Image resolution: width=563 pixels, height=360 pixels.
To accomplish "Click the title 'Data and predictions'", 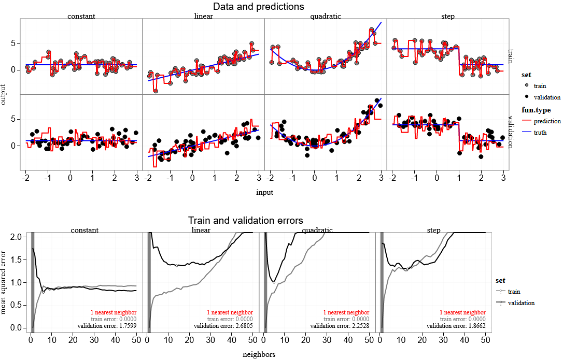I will point(259,7).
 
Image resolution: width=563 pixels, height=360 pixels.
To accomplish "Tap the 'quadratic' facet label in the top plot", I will point(326,16).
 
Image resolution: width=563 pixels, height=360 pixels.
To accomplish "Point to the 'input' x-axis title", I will point(264,192).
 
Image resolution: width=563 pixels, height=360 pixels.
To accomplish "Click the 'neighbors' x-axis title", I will point(259,355).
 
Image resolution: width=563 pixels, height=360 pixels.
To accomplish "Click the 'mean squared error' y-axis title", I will point(4,282).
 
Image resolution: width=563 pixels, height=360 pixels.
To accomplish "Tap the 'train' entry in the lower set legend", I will point(514,292).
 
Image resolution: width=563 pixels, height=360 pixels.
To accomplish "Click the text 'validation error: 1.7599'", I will point(107,326).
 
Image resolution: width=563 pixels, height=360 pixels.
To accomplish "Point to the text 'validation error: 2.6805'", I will point(223,326).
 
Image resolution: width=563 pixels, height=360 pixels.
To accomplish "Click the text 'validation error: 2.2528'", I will point(340,326).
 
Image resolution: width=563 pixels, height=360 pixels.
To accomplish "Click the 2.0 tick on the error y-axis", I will point(17,237).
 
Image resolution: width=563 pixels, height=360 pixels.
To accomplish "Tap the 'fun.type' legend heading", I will point(536,110).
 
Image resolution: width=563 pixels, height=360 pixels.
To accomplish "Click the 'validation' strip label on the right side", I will point(511,132).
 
